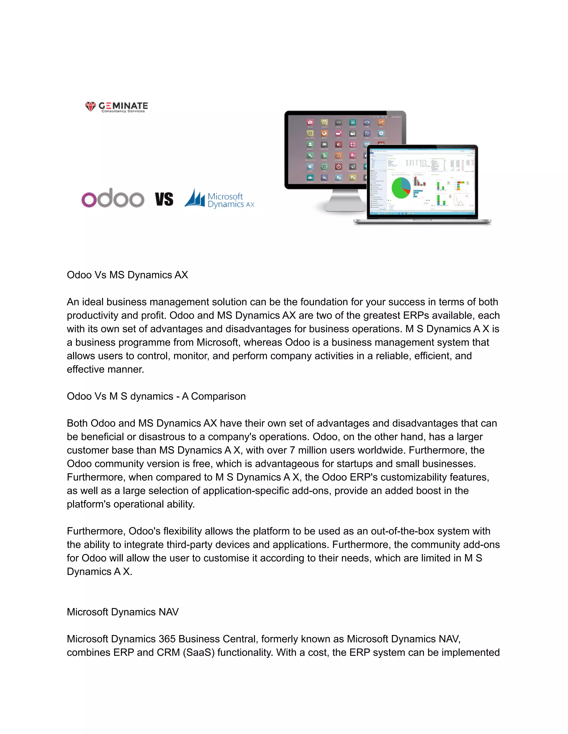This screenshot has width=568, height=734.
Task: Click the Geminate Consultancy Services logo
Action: [116, 107]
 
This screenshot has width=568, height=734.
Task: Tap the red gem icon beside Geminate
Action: [90, 107]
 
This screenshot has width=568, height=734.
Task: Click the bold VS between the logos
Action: [164, 199]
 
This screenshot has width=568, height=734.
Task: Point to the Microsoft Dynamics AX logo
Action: [219, 199]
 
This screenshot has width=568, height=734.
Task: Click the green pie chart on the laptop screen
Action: [401, 188]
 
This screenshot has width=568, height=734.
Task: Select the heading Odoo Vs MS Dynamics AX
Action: [127, 275]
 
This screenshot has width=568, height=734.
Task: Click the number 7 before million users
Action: [292, 450]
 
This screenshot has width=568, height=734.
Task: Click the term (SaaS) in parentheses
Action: [199, 652]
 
